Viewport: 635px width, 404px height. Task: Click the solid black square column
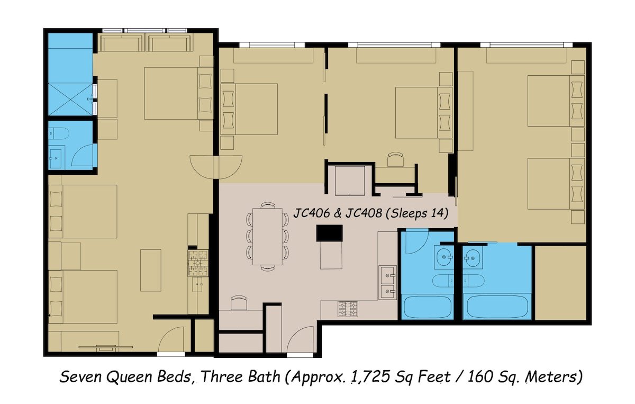pyautogui.click(x=329, y=233)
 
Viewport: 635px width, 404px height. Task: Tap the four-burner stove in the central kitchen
pyautogui.click(x=348, y=309)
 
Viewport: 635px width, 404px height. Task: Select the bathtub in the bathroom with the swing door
pyautogui.click(x=428, y=307)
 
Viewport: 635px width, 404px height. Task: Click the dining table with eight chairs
pyautogui.click(x=267, y=236)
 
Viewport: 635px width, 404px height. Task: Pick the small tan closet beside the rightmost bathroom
pyautogui.click(x=560, y=282)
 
